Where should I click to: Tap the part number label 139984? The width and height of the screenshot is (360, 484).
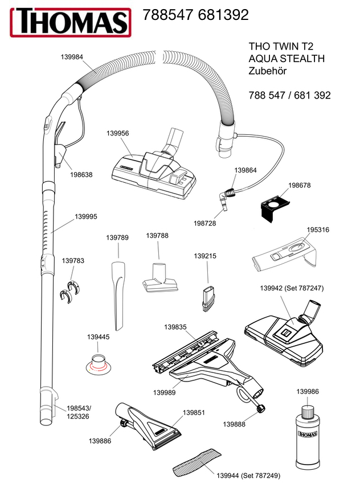point(71,56)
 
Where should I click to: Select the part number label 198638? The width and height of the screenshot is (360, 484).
point(81,175)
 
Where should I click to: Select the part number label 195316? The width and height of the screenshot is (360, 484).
point(318,229)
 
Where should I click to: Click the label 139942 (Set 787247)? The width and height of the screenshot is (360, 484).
point(292,289)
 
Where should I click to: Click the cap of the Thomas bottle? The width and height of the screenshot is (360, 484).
point(306,411)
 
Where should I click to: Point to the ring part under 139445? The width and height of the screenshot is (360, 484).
point(99,362)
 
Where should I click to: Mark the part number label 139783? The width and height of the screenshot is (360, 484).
point(73,261)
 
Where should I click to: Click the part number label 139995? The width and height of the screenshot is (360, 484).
point(86,216)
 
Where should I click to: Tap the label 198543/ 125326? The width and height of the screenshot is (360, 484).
point(79,413)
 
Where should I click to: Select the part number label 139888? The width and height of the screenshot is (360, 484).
point(234,424)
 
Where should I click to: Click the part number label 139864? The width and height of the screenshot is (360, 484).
point(246,170)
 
